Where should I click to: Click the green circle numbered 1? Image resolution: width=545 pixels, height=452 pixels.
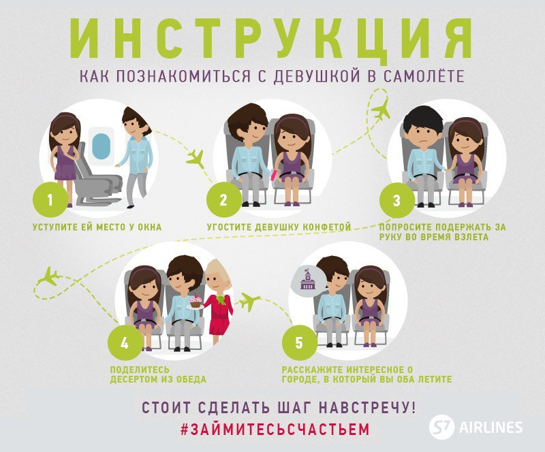pos(50,199)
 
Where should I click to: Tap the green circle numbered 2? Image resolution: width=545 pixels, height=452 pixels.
pos(224,199)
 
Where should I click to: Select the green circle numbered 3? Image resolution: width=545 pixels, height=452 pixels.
pos(396,200)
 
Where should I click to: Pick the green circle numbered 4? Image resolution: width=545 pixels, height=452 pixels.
pos(125,343)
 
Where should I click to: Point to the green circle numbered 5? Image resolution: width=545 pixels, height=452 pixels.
pos(299,342)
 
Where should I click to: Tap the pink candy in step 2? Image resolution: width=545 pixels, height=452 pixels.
pos(275,174)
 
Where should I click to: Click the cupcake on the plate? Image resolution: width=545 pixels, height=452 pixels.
pos(196,300)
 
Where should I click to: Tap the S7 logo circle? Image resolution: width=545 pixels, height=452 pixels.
pos(441,426)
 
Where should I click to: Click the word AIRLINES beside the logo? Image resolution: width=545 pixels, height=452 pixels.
pos(490,427)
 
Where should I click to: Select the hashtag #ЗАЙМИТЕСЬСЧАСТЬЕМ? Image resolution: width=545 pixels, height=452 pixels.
pos(275,430)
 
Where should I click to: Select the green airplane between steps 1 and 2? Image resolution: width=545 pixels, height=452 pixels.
pos(195,159)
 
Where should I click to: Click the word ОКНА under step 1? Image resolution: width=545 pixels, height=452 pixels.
pos(149,227)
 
